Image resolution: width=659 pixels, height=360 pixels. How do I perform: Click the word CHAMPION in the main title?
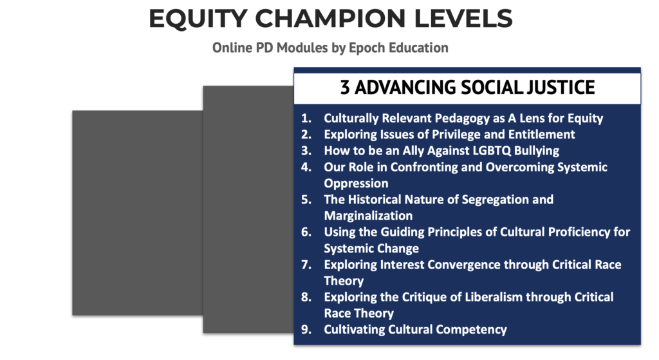330,19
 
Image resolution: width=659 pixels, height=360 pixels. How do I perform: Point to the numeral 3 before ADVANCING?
345,88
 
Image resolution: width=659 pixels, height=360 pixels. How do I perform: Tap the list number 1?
306,118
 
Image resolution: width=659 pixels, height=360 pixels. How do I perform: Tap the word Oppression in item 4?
356,184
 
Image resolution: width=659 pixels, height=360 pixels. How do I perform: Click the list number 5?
306,200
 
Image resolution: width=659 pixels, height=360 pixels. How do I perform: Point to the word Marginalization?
368,216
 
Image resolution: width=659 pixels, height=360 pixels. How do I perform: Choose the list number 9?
306,330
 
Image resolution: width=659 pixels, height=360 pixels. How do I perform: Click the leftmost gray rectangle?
138,213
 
